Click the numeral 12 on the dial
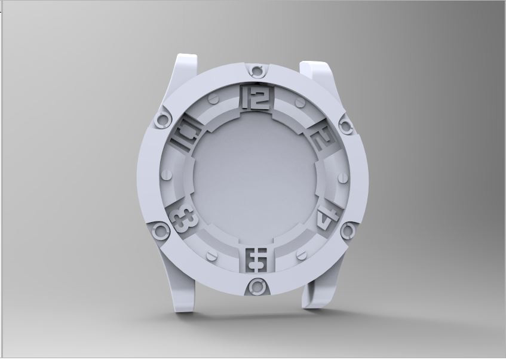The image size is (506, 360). click(x=257, y=99)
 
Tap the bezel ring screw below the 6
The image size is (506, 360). click(x=257, y=287)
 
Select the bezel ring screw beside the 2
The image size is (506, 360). click(x=346, y=124)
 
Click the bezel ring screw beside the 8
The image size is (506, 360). click(x=161, y=230)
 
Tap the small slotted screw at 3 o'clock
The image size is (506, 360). click(x=343, y=178)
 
